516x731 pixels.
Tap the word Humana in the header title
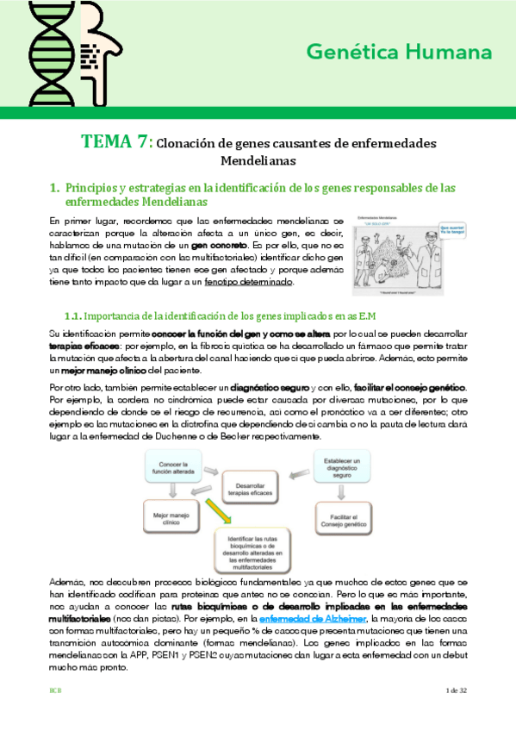tap(461, 53)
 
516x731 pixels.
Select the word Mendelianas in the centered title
tap(258, 160)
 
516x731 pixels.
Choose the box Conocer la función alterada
tap(177, 470)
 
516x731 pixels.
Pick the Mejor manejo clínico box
tap(172, 521)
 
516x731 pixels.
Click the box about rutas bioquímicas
tap(258, 554)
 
